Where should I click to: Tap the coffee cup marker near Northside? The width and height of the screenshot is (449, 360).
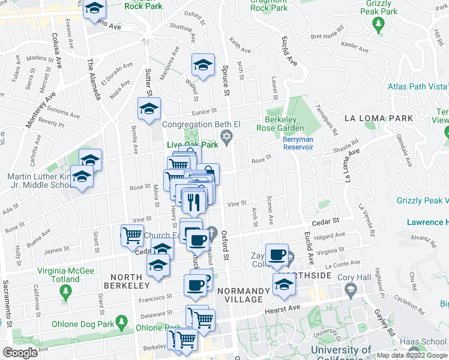[277, 254]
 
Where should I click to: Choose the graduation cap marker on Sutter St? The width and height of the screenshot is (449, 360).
[149, 109]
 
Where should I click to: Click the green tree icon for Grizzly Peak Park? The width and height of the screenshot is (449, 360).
[378, 23]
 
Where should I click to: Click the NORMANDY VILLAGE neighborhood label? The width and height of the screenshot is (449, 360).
[243, 296]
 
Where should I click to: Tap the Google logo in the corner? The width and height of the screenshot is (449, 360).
[20, 353]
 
